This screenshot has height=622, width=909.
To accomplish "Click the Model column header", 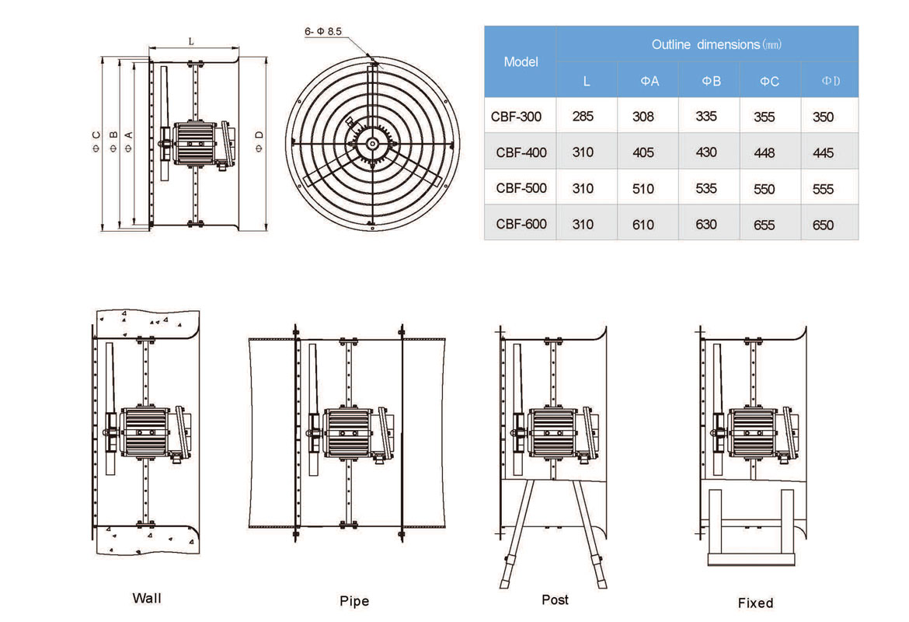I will [521, 61].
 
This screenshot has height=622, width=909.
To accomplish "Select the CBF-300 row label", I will [516, 117].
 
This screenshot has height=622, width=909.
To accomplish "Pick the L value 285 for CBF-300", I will [583, 117].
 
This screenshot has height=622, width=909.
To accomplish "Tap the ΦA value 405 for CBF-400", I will [643, 152].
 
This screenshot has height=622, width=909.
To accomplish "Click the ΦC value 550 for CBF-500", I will [764, 189].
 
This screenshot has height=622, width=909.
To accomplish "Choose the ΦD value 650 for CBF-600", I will [822, 225].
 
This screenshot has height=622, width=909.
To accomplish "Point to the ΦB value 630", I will [706, 225].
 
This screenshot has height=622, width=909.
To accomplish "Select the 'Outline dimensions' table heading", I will [716, 44].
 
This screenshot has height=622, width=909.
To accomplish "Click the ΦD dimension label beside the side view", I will [259, 140].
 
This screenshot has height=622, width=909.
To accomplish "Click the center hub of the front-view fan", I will [373, 142].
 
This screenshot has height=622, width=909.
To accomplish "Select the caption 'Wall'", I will [147, 598].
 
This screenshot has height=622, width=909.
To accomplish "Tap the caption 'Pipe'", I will [354, 601].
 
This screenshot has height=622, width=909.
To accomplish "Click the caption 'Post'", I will [555, 599].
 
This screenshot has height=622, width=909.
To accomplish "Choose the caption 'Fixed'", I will [755, 603].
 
